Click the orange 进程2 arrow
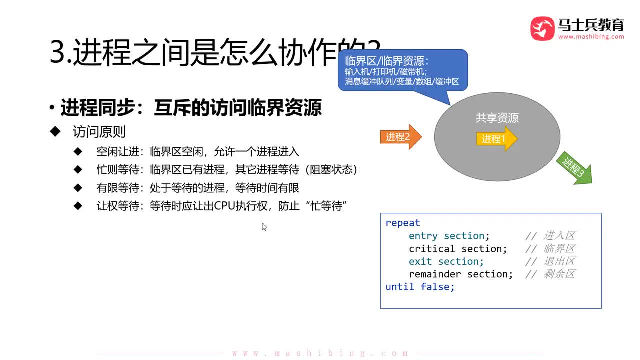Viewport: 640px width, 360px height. (x=400, y=137)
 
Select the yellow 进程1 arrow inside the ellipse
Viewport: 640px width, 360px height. (x=496, y=139)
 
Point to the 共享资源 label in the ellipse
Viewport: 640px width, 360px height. (x=497, y=118)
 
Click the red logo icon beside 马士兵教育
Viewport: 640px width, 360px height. (x=542, y=29)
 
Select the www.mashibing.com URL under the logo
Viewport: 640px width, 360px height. (x=591, y=37)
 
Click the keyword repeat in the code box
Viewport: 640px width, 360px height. (x=403, y=223)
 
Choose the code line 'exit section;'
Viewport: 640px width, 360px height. (x=446, y=261)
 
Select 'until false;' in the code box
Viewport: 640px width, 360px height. (x=420, y=287)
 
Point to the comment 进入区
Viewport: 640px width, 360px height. (x=559, y=236)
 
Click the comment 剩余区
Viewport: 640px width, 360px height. (x=559, y=274)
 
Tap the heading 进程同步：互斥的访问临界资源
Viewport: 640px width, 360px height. (x=191, y=108)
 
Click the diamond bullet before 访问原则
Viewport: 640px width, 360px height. (x=55, y=131)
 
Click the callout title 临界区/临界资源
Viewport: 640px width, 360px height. (x=387, y=61)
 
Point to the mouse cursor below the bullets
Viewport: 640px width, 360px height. (x=264, y=226)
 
